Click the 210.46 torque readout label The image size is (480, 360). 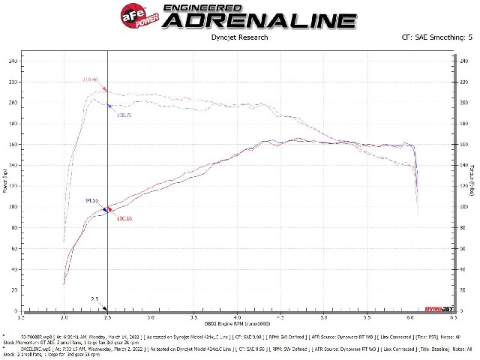90,79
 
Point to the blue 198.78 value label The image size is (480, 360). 124,115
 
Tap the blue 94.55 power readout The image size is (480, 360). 92,200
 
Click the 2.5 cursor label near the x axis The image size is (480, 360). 95,298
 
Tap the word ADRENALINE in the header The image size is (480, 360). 258,20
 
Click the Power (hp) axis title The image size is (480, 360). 6,180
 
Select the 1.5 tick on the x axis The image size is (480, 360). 22,317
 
